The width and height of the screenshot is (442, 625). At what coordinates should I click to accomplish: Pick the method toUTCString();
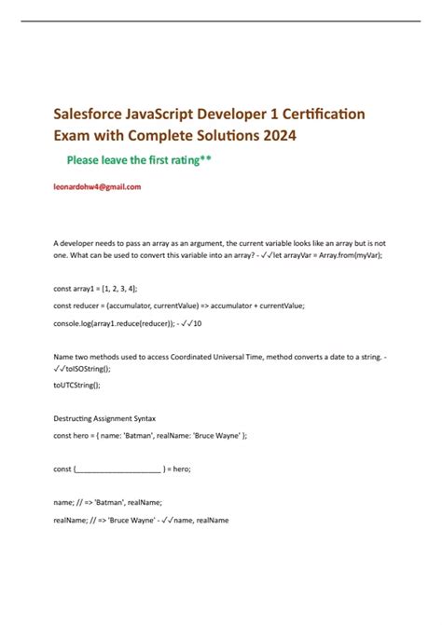[76, 384]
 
